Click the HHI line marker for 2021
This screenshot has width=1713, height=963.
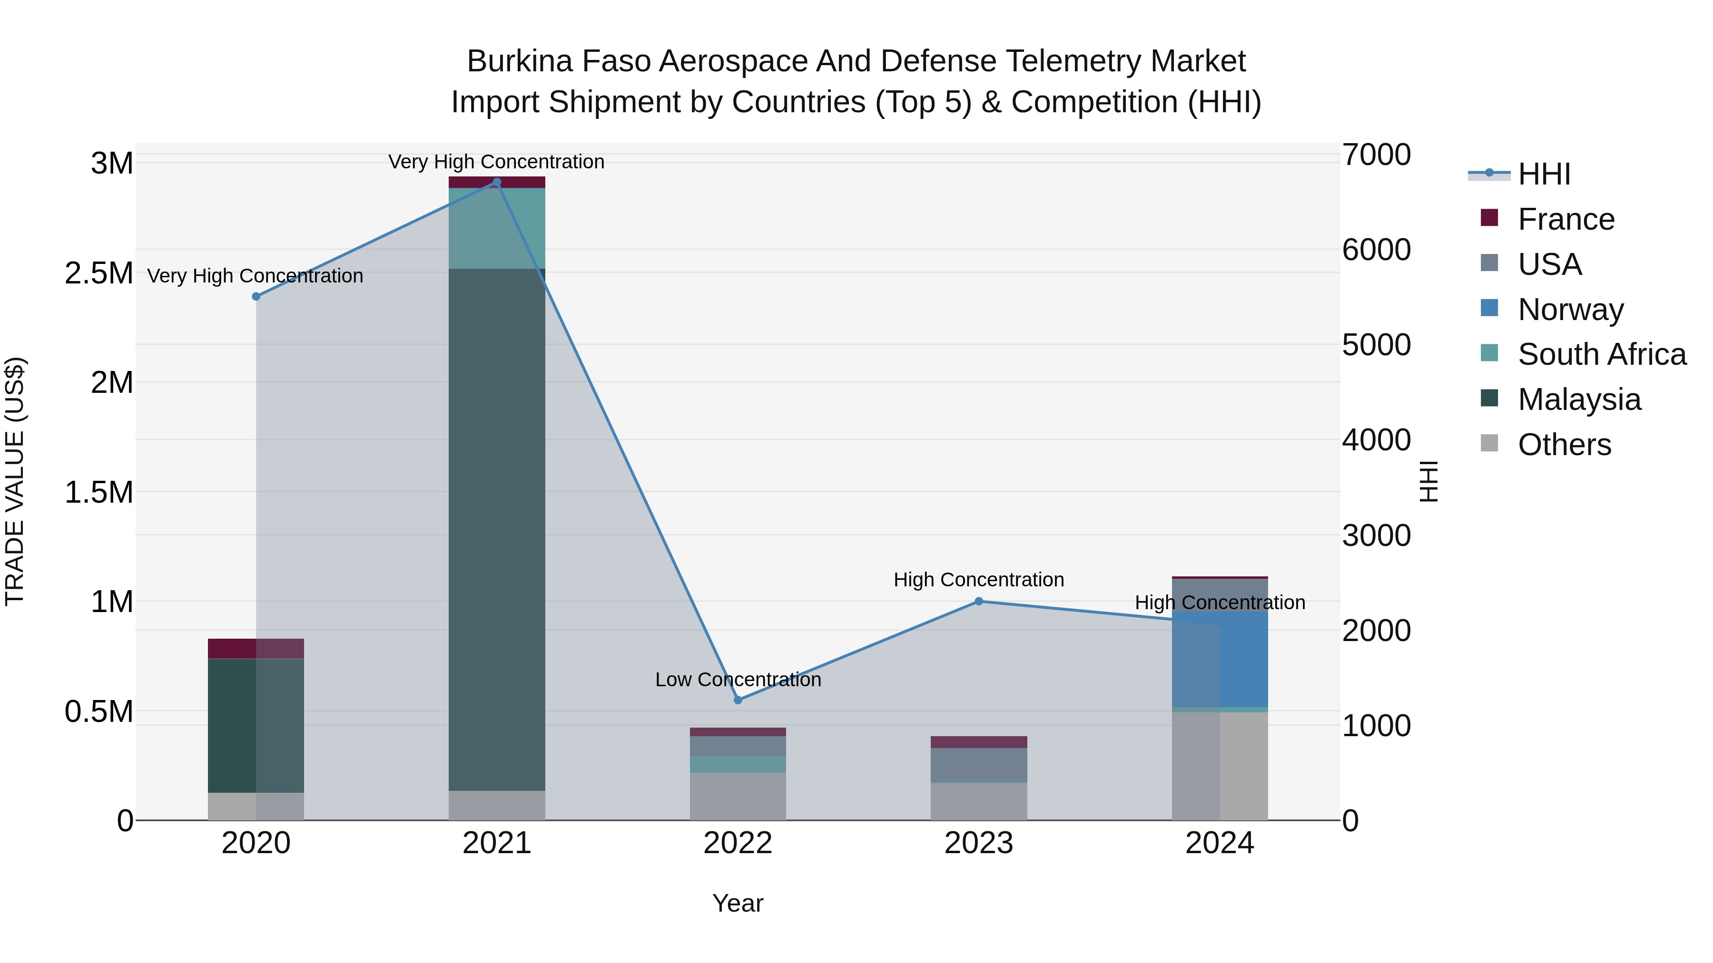click(496, 182)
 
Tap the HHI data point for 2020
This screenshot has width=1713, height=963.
click(256, 296)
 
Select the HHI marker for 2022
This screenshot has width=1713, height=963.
click(738, 700)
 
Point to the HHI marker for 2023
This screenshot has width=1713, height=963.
click(978, 602)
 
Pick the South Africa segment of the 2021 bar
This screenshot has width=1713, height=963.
click(497, 228)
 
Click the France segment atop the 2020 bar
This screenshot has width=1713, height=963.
click(256, 649)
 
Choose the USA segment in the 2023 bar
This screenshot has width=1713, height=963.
click(978, 765)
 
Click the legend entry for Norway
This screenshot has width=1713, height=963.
click(1570, 310)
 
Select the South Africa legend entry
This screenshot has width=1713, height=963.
click(1601, 355)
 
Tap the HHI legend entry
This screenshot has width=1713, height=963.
click(1544, 174)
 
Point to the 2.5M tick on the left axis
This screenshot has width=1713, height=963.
click(99, 273)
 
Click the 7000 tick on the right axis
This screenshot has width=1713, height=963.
click(1376, 155)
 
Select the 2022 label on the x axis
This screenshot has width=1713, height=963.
click(738, 843)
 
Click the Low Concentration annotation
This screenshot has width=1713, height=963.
click(738, 680)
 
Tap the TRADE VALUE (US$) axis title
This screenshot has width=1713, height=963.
click(15, 481)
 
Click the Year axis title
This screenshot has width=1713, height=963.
click(738, 903)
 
